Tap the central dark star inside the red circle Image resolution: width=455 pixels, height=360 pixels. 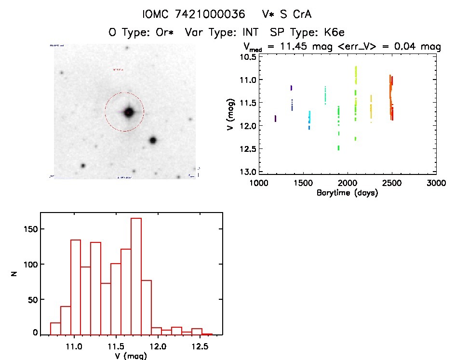coord(129,112)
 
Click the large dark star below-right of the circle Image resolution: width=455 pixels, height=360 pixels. coord(153,140)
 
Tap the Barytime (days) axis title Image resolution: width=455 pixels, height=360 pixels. coord(347,193)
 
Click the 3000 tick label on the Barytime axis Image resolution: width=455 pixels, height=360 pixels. coord(436,184)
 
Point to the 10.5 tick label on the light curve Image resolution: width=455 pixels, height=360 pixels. coord(249,56)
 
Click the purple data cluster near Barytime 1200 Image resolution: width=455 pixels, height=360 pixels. coord(275,119)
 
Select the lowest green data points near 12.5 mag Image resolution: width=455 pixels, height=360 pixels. coord(338,147)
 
